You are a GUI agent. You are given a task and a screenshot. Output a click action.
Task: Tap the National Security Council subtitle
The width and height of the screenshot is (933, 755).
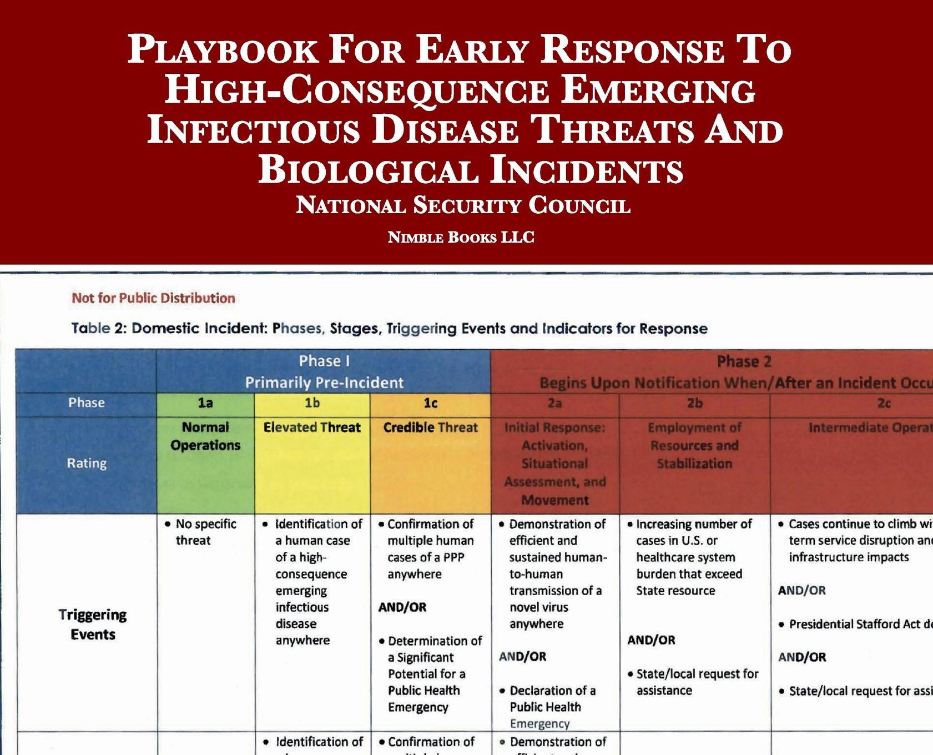coord(463,205)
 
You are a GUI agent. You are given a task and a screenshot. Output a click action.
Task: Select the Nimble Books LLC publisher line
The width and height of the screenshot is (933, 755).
coord(461,238)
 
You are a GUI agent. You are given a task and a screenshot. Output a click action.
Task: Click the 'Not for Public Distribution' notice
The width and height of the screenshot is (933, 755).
coord(153,298)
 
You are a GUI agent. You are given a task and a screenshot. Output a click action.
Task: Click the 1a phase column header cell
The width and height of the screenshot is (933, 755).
coord(205,403)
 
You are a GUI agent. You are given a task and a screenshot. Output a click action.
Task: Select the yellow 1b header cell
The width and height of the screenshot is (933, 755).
coord(312,403)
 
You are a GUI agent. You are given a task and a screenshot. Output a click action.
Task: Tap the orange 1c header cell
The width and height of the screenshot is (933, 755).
coord(430,403)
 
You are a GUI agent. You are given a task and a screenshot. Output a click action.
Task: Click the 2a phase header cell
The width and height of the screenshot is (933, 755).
coord(554,403)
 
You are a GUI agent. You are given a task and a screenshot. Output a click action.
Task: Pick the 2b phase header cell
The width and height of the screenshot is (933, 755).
coord(694,403)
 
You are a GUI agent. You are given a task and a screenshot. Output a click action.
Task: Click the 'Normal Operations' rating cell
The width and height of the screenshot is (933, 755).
coord(205,436)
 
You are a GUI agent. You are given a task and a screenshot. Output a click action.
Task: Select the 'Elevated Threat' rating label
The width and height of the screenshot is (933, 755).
coord(312,427)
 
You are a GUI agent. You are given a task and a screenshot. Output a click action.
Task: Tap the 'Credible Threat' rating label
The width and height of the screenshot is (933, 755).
coord(430,427)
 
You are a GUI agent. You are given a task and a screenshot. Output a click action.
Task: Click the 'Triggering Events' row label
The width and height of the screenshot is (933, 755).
coord(93,625)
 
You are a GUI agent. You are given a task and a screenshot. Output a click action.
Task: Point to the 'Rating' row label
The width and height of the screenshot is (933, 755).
coord(87,463)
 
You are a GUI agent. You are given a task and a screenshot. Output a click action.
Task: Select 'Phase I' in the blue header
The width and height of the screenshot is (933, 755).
coord(324,361)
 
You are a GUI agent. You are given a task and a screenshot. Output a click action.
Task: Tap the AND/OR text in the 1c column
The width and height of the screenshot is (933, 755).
coord(402,607)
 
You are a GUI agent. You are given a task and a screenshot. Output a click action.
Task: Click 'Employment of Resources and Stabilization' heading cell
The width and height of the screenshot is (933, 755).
coord(694,445)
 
